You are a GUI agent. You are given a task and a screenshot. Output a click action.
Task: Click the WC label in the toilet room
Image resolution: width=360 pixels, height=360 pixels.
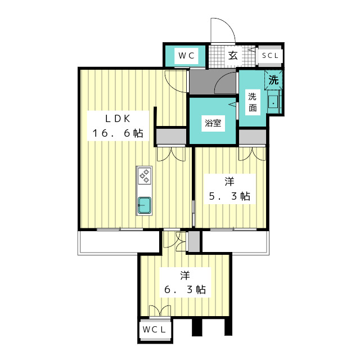(186, 56)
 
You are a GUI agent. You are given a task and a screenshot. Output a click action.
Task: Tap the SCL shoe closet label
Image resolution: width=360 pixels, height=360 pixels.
(270, 56)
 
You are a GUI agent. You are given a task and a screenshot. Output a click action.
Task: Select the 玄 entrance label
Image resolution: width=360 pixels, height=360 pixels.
(233, 56)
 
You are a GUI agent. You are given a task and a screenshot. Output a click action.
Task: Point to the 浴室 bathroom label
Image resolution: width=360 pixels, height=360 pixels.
(213, 123)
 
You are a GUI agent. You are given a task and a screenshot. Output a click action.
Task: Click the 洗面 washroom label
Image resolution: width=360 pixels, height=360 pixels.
(253, 102)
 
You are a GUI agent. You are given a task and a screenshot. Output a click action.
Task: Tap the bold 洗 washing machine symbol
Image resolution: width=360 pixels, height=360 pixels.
(273, 80)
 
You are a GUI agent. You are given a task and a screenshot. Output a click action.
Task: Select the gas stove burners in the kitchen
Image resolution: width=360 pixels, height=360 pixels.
(145, 176)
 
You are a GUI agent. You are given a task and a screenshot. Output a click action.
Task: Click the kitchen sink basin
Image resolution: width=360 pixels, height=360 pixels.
(145, 205)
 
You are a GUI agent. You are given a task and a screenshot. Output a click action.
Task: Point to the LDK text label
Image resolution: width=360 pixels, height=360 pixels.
(118, 119)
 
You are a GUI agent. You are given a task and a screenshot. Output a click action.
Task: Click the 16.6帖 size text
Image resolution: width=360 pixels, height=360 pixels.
(118, 133)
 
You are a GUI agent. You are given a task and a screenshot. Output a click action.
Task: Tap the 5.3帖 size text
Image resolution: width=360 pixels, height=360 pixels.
(229, 196)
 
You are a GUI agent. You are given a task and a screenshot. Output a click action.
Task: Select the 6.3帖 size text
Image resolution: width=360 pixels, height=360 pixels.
(185, 290)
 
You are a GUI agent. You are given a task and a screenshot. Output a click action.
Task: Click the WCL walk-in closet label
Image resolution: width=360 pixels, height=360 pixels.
(154, 330)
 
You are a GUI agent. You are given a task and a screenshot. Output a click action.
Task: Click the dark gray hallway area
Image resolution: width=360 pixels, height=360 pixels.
(213, 82)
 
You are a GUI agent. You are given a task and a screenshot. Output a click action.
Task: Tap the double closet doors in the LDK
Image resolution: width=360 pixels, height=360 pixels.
(171, 154)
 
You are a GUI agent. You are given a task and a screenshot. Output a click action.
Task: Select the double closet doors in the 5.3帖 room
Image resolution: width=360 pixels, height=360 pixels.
(253, 154)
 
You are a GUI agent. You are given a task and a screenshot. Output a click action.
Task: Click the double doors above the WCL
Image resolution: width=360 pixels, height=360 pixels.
(160, 311)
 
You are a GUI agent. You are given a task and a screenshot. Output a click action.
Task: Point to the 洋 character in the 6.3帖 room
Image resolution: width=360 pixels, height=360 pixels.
(185, 275)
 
